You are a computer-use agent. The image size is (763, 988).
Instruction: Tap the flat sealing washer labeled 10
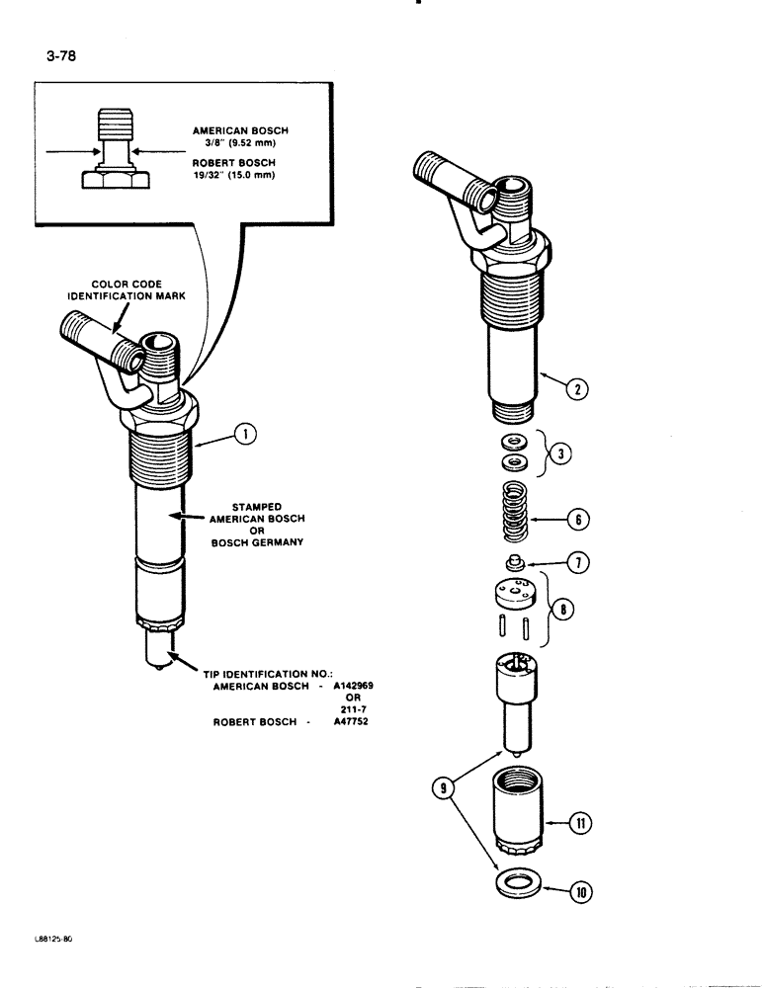point(514,882)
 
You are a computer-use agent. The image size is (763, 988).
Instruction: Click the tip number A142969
point(346,685)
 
